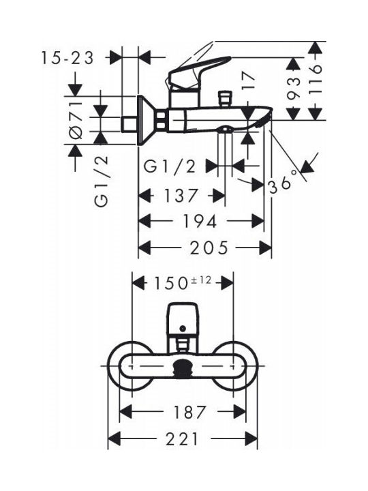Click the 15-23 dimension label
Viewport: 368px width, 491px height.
(x=67, y=58)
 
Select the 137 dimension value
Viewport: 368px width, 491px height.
(x=181, y=196)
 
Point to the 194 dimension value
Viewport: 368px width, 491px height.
(x=199, y=222)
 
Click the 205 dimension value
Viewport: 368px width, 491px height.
(x=209, y=248)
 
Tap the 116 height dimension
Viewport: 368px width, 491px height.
(x=315, y=80)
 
